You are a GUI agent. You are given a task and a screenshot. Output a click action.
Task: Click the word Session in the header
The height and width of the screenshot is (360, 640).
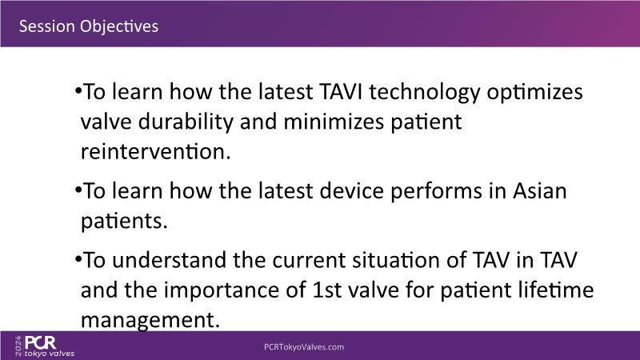(x=47, y=26)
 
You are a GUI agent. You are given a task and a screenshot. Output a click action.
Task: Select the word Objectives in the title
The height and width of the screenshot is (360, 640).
(x=119, y=27)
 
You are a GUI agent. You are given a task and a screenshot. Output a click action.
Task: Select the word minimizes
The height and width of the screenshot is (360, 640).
(x=334, y=122)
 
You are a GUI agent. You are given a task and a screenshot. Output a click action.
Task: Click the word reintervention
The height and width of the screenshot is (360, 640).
(x=155, y=151)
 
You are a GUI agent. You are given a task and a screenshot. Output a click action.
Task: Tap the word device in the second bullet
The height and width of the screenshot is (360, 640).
(x=351, y=191)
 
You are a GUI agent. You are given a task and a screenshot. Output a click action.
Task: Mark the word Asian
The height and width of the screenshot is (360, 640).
(x=539, y=191)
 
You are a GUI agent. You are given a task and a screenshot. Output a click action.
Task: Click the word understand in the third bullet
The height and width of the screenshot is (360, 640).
(x=169, y=260)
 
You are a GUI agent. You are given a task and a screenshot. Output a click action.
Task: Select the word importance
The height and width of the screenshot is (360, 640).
(x=235, y=291)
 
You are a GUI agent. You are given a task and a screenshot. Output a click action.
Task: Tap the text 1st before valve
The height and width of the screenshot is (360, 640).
(x=327, y=290)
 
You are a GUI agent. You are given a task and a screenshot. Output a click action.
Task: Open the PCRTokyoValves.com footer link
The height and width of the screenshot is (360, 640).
(x=304, y=347)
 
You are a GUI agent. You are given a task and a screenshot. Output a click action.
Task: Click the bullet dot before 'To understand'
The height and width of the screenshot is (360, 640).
(x=78, y=258)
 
